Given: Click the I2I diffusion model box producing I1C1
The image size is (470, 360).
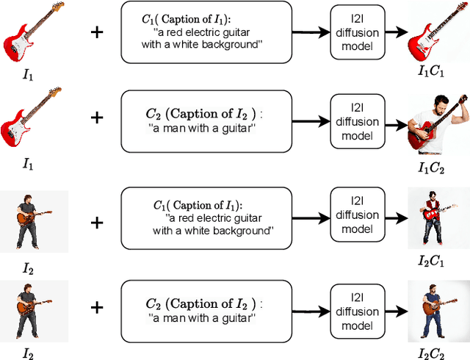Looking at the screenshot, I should point(355,32).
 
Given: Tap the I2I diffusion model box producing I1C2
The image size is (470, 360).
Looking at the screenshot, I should point(355,121).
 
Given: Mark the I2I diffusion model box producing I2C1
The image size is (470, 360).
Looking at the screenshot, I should point(355,215).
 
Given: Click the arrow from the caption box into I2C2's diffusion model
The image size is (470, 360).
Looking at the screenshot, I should point(306,307).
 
